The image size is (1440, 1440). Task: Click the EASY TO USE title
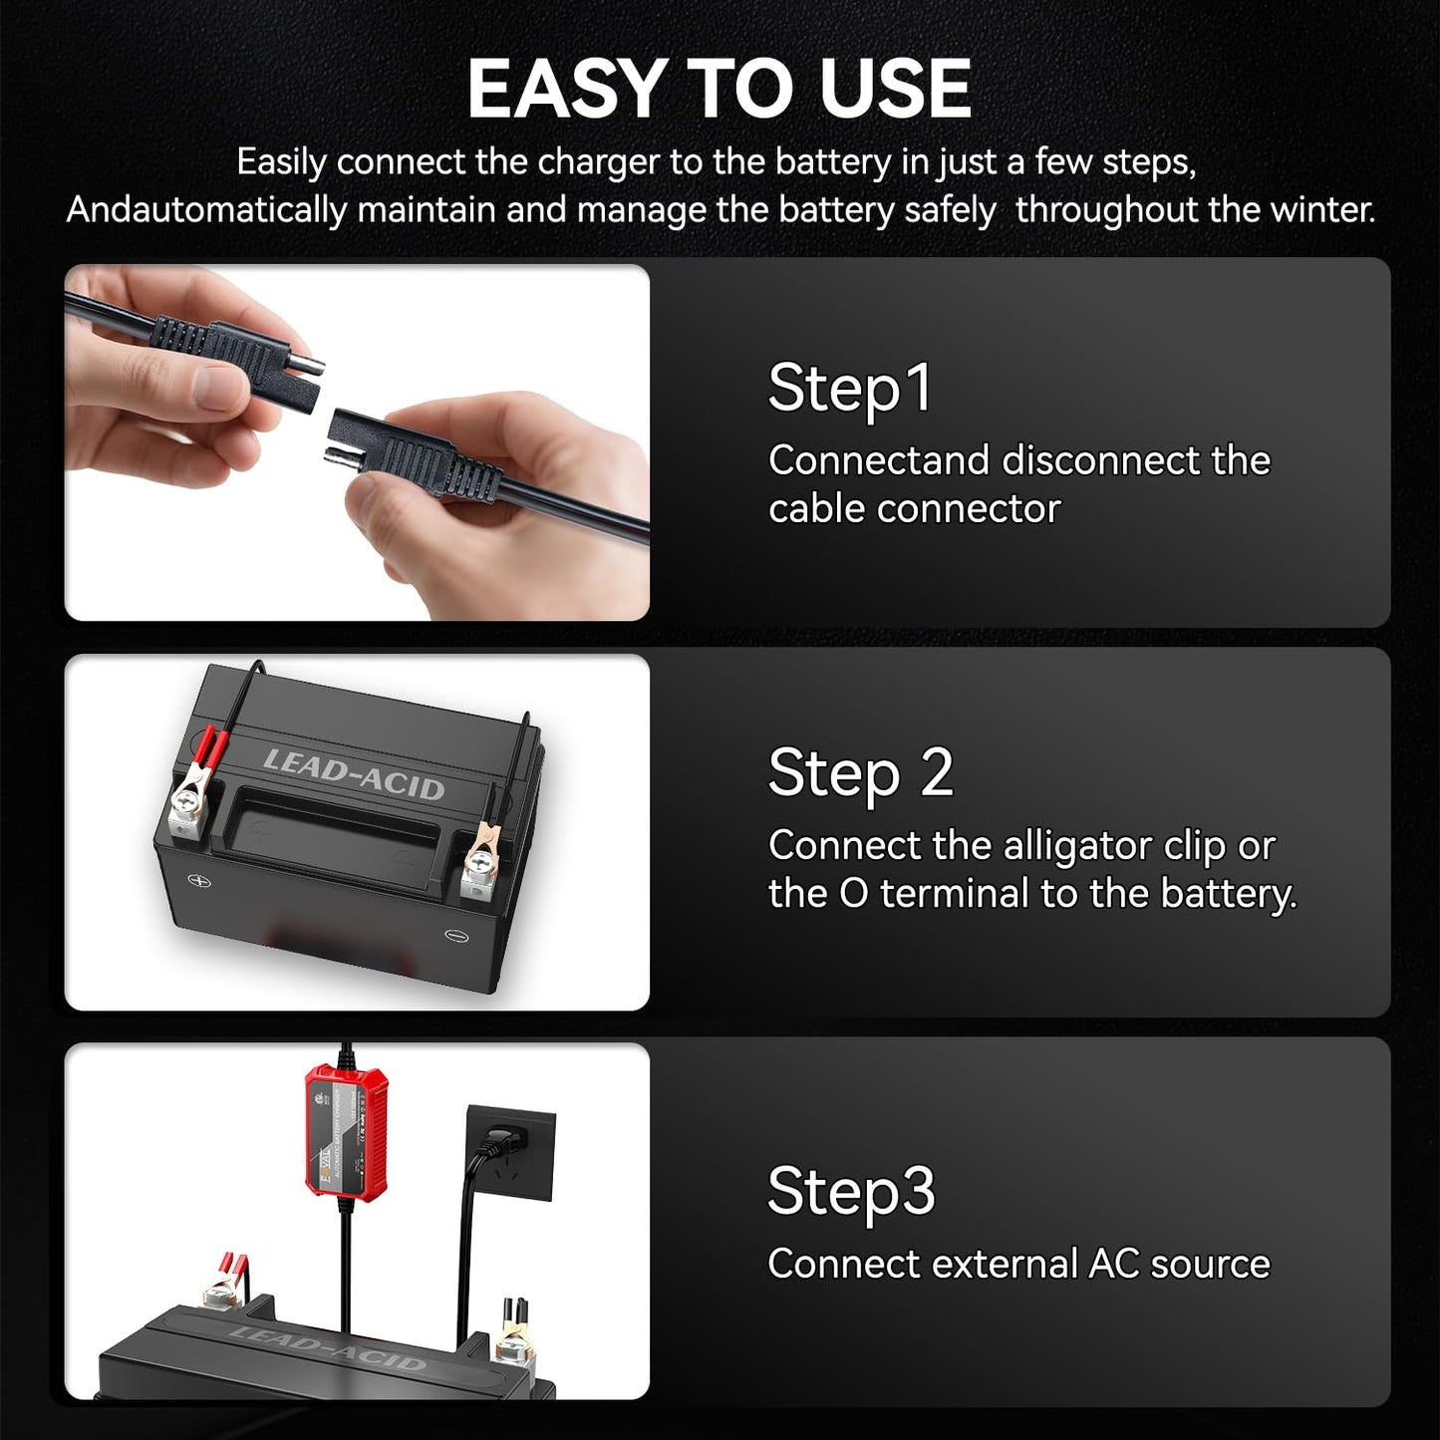point(719,89)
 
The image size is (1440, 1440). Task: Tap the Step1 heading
point(850,389)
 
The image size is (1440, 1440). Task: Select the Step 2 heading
point(860,773)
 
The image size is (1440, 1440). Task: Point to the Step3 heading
point(851,1192)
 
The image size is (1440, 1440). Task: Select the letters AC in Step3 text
point(1113,1264)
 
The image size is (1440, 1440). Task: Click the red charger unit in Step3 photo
point(345,1131)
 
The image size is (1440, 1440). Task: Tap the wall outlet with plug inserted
point(509,1151)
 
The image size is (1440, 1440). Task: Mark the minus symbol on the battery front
point(455,935)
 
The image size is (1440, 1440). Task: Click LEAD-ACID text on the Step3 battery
point(329,1346)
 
